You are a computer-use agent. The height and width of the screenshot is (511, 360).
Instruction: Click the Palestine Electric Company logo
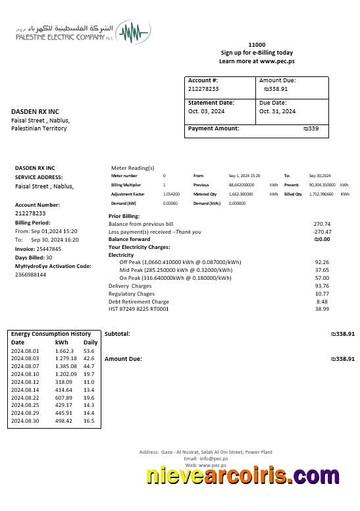84,32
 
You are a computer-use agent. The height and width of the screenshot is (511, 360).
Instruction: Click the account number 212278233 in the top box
203,89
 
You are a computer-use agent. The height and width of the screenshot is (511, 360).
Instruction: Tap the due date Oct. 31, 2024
277,111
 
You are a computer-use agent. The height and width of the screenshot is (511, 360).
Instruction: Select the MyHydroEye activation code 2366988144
30,275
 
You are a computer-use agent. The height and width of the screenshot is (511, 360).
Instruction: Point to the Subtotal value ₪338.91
342,334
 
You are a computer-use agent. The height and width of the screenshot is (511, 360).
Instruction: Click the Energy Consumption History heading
51,334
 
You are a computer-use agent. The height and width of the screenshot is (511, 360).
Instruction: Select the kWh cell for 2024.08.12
64,382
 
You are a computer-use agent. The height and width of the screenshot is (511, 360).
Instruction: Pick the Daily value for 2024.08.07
89,366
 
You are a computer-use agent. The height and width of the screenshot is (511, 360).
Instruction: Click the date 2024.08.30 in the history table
25,421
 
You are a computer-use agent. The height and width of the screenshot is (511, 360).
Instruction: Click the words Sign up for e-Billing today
257,53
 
